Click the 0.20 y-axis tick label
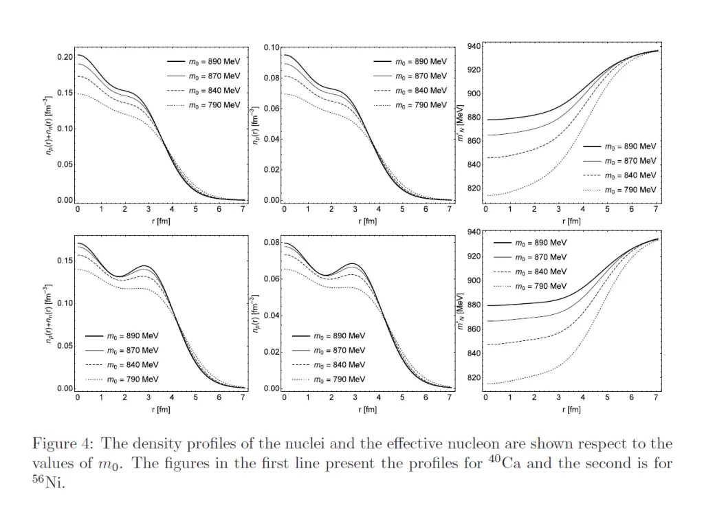point(65,57)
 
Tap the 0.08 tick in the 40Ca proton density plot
point(272,78)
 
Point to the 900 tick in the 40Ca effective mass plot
point(473,94)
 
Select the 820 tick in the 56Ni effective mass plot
point(473,378)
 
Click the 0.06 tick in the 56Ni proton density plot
point(272,279)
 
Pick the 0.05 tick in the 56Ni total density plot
point(65,346)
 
